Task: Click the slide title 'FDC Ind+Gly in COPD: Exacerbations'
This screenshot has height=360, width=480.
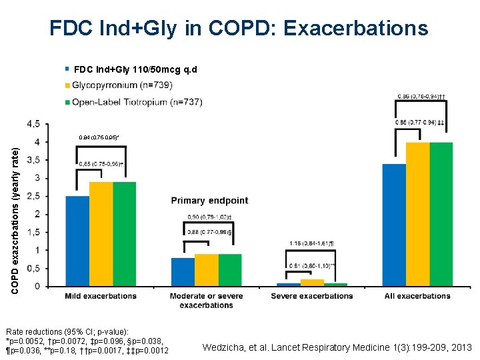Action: pyautogui.click(x=239, y=28)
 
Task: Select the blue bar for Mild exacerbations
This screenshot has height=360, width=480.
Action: pyautogui.click(x=77, y=241)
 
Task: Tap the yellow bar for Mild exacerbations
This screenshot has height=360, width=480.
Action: pyautogui.click(x=101, y=234)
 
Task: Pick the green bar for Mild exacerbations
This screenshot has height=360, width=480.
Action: pyautogui.click(x=124, y=234)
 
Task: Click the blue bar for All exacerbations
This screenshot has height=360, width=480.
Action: pyautogui.click(x=394, y=225)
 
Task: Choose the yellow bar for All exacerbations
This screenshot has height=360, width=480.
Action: pyautogui.click(x=417, y=214)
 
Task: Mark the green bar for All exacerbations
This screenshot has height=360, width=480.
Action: pyautogui.click(x=441, y=214)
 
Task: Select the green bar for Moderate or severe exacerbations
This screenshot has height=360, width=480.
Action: pyautogui.click(x=229, y=270)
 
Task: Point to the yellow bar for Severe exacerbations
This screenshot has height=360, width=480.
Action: pyautogui.click(x=311, y=283)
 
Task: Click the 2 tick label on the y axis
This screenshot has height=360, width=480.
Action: pyautogui.click(x=53, y=214)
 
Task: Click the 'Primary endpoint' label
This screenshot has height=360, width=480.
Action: pyautogui.click(x=209, y=201)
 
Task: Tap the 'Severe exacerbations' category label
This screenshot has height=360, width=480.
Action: pyautogui.click(x=311, y=296)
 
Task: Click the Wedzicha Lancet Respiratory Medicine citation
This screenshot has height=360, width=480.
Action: pyautogui.click(x=337, y=347)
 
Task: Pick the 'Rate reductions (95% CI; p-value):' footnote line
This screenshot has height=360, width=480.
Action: pyautogui.click(x=67, y=331)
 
